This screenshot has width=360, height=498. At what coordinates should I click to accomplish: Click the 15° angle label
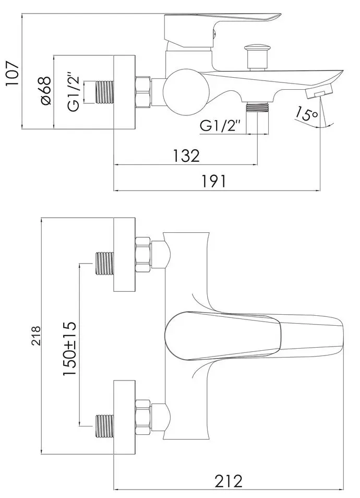pos(306,113)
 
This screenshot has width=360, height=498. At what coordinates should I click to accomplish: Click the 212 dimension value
pos(228,480)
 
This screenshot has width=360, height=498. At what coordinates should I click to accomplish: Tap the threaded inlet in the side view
pos(105,93)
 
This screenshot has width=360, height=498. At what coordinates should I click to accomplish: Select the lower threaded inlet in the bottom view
pos(105,425)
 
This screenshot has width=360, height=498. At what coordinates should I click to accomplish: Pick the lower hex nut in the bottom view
pos(142,416)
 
